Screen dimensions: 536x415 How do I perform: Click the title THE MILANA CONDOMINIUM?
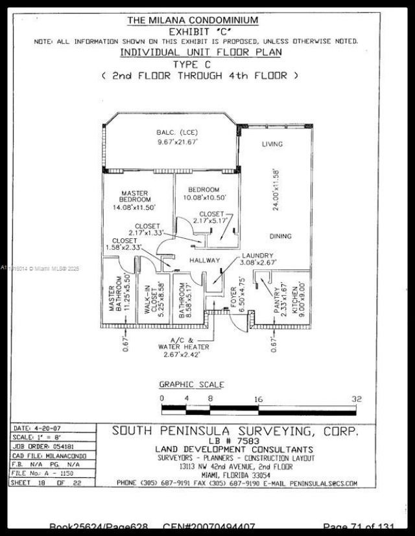(x=193, y=20)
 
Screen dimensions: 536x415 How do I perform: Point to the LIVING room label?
(x=272, y=144)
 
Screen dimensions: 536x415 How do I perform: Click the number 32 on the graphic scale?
(x=356, y=399)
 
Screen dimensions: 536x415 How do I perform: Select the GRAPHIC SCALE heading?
(x=192, y=385)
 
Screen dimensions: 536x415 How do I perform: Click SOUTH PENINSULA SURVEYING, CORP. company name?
(x=234, y=430)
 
